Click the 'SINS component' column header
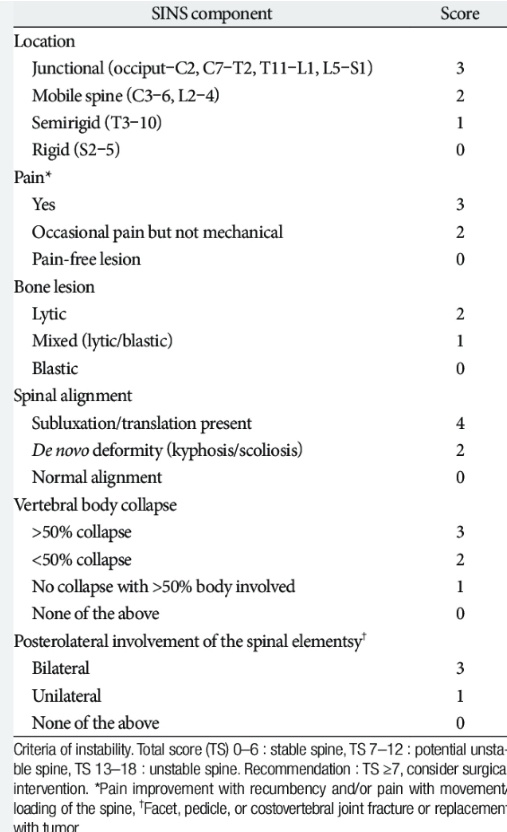tap(212, 14)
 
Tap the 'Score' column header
tap(459, 14)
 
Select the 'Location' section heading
tap(44, 41)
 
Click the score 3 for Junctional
tap(460, 68)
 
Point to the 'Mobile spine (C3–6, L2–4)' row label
tap(125, 96)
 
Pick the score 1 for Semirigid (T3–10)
tap(460, 123)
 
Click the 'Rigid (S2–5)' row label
tap(76, 150)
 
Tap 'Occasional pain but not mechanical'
tap(157, 232)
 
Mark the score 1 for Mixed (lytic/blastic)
tap(460, 341)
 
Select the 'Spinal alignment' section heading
tap(73, 396)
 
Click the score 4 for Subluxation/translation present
tap(460, 423)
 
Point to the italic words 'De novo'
tap(61, 450)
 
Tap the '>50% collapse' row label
tap(82, 532)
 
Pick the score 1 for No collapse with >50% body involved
tap(460, 586)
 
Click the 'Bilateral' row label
tap(61, 668)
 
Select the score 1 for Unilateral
tap(460, 696)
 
